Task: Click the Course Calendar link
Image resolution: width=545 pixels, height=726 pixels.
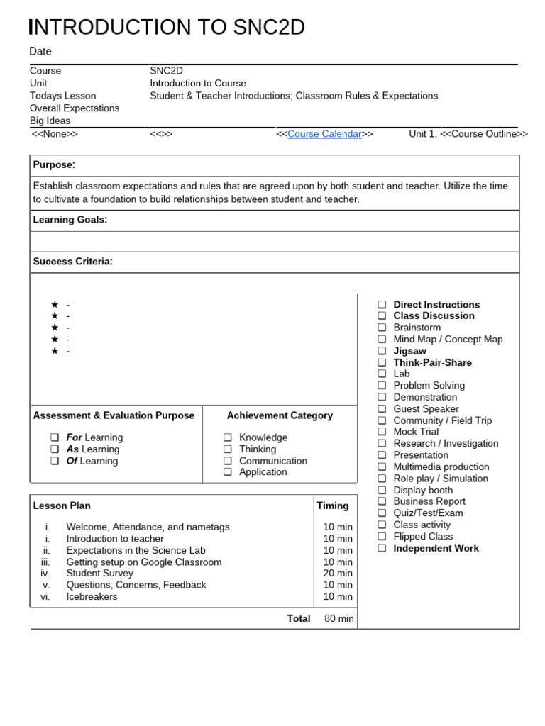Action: [324, 134]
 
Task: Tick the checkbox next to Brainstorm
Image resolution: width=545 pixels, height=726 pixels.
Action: [382, 328]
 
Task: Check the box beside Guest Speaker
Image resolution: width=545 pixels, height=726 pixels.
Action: [382, 409]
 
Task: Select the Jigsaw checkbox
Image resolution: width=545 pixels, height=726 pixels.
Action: [382, 351]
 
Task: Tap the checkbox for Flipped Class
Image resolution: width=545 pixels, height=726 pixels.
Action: [382, 537]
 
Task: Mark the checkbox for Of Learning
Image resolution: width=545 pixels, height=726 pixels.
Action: [55, 461]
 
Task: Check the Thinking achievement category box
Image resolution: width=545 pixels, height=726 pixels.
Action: [228, 449]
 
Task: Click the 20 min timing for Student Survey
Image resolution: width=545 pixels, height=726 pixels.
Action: [338, 574]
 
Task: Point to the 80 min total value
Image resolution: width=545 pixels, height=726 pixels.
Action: [338, 618]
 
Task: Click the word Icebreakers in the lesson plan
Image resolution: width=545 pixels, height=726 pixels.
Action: [92, 597]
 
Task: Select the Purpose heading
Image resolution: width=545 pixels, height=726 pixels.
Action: [54, 164]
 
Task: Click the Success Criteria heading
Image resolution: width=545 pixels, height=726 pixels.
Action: [72, 262]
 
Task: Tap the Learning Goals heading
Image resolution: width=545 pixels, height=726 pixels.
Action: [70, 220]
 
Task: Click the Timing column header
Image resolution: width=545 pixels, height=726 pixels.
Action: [333, 506]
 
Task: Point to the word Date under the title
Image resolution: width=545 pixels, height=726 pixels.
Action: [40, 51]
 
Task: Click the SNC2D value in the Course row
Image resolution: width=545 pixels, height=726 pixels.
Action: [166, 71]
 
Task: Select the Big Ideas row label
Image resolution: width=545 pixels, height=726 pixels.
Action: [51, 121]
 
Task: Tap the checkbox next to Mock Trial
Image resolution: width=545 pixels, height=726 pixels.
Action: [382, 432]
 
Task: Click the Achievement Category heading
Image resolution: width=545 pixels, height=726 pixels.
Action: [280, 415]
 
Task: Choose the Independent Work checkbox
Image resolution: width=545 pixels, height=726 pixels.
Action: [382, 548]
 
